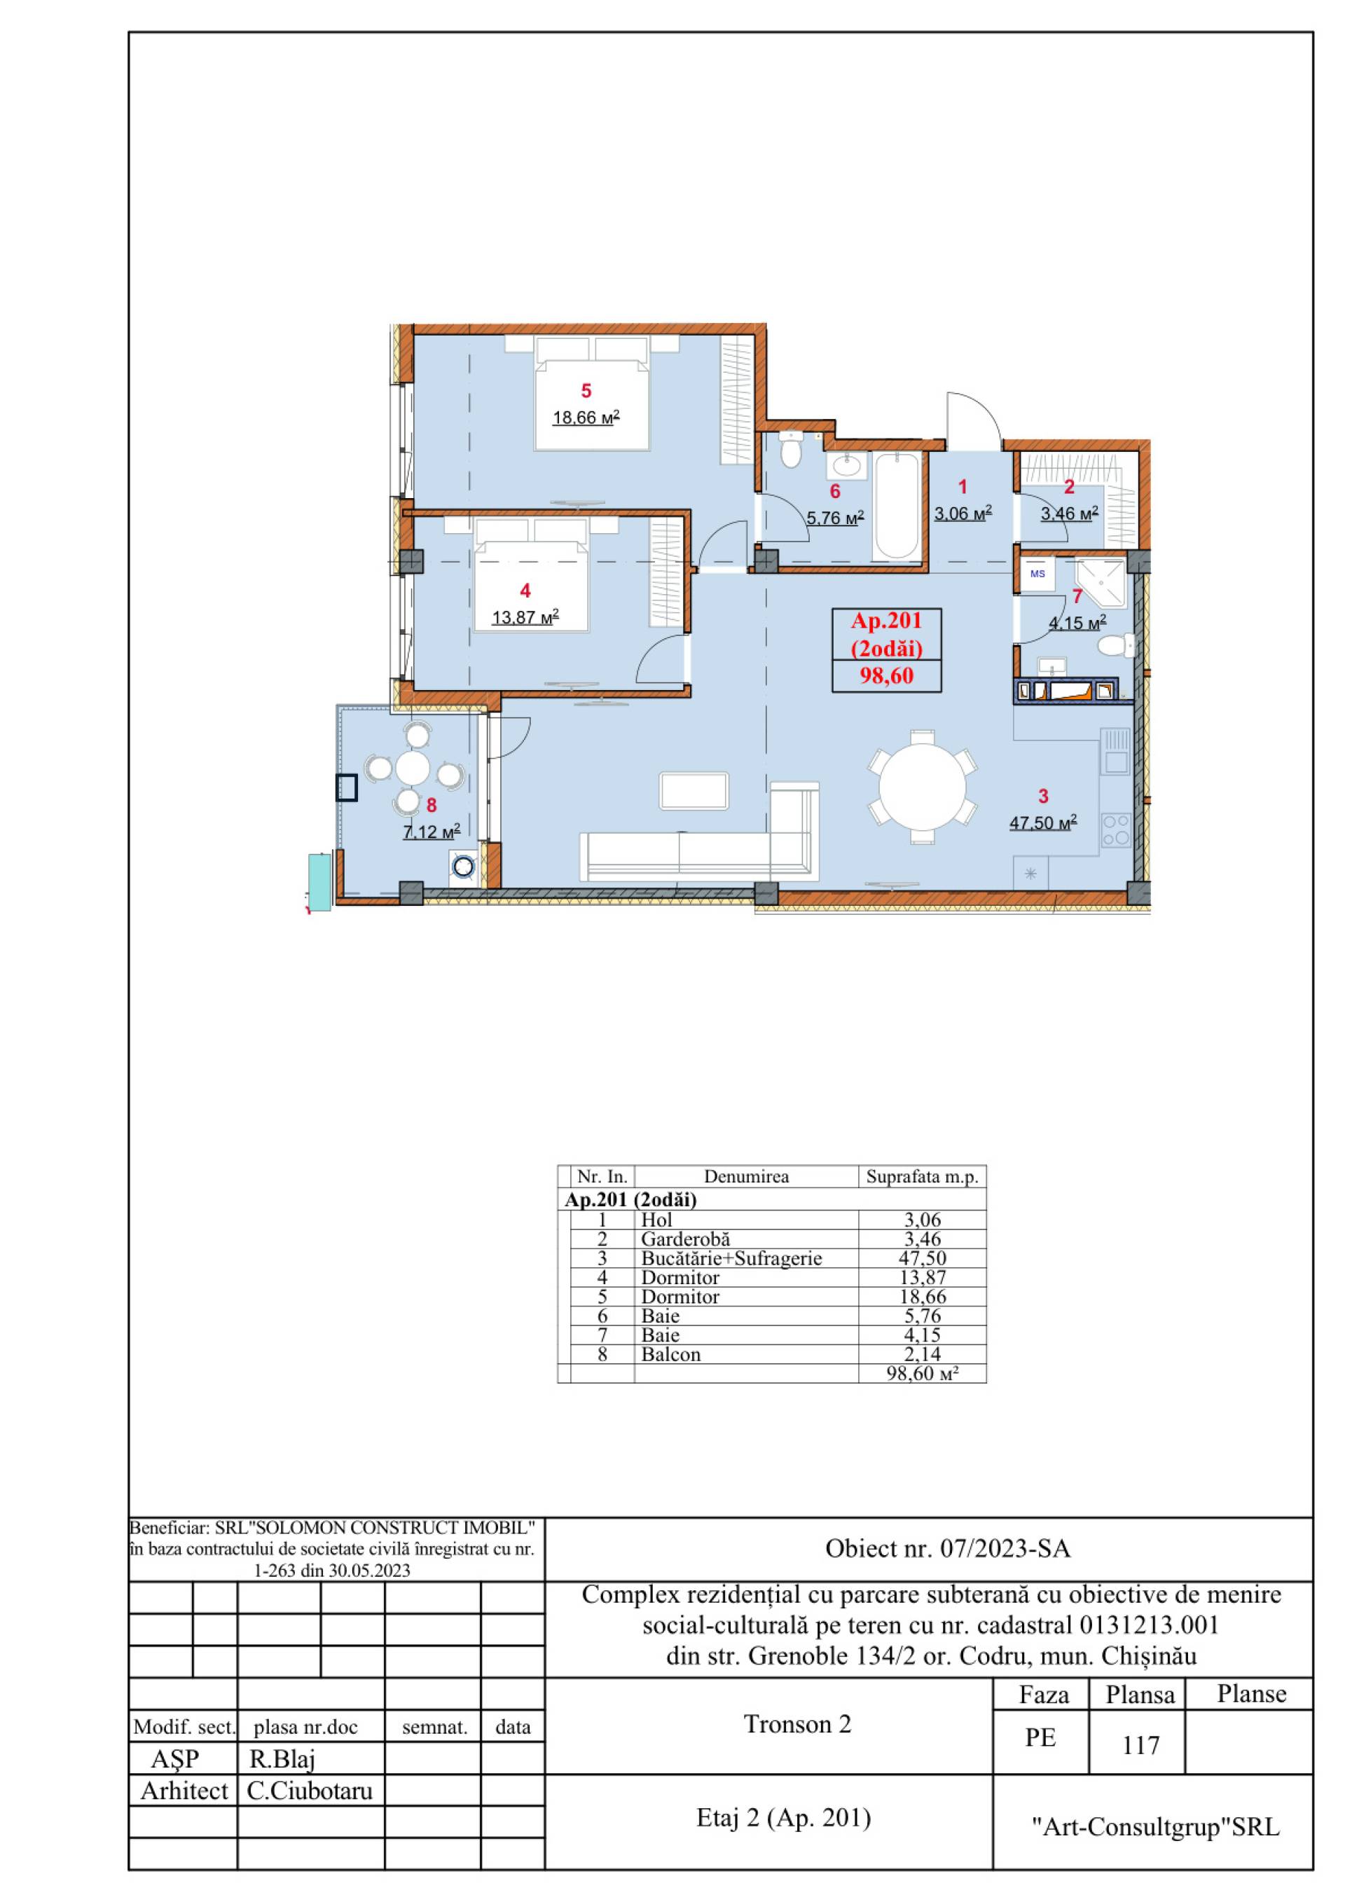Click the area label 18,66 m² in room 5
[x=586, y=418]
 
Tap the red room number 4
[x=525, y=591]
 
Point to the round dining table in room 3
[x=922, y=785]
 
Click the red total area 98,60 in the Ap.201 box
[x=887, y=676]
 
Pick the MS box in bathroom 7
[x=1037, y=573]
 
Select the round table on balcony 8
[x=413, y=767]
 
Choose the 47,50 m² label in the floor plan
[x=1042, y=822]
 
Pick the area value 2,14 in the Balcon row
[x=923, y=1354]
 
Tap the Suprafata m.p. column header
[x=922, y=1176]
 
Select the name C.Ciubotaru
[x=310, y=1792]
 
